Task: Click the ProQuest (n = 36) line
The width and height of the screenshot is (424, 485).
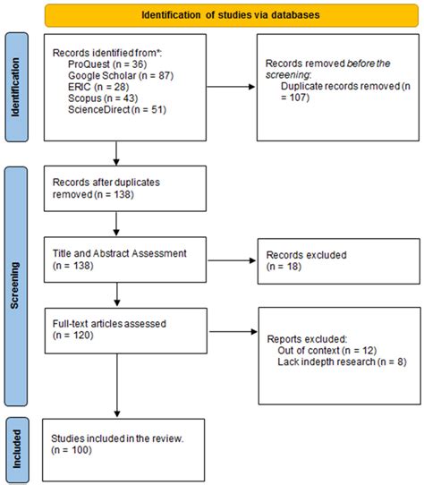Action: (x=93, y=66)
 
